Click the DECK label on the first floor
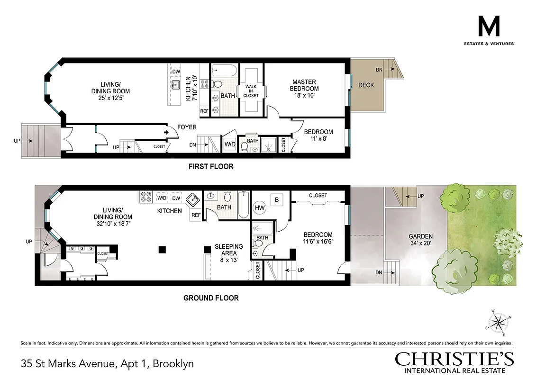coord(366,85)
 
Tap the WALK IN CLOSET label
coord(251,90)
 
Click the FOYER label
coord(187,127)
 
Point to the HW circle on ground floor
coord(260,207)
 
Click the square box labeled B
coord(277,200)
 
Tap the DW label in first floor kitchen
coord(176,72)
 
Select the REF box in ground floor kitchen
coord(196,215)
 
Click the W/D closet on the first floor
coord(230,144)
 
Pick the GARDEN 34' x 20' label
coord(421,240)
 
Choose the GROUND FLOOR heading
coord(211,298)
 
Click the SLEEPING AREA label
coord(228,250)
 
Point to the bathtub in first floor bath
coord(223,72)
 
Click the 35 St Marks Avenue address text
coord(107,364)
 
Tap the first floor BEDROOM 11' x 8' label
coord(318,135)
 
